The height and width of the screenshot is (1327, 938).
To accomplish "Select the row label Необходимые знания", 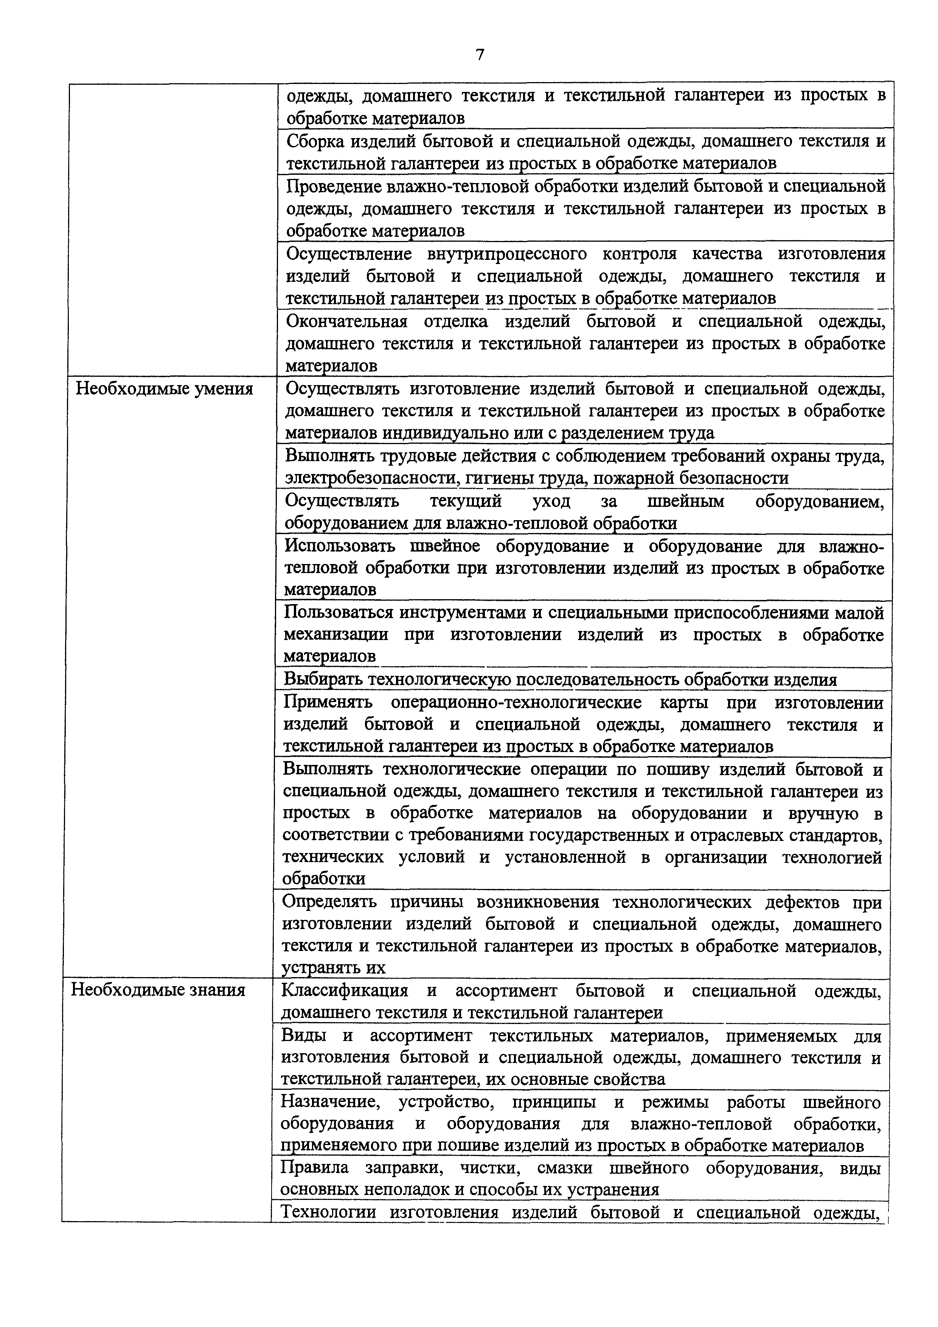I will (x=158, y=990).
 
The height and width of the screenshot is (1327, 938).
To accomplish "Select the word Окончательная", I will (x=347, y=321).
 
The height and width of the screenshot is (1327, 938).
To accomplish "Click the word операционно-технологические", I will (x=516, y=703).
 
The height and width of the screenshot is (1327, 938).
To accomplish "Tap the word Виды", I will (x=302, y=1036).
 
